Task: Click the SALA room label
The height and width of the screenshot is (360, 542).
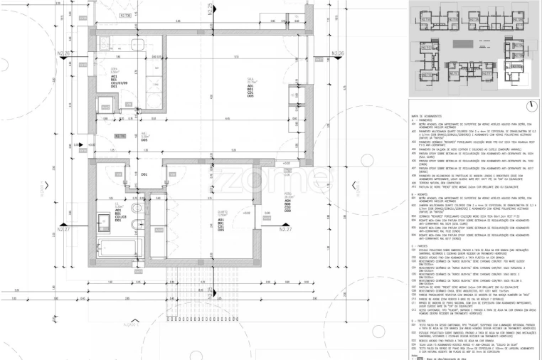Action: click(250, 81)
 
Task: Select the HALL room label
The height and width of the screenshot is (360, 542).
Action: click(144, 134)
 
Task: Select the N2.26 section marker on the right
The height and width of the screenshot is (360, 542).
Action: click(337, 53)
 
